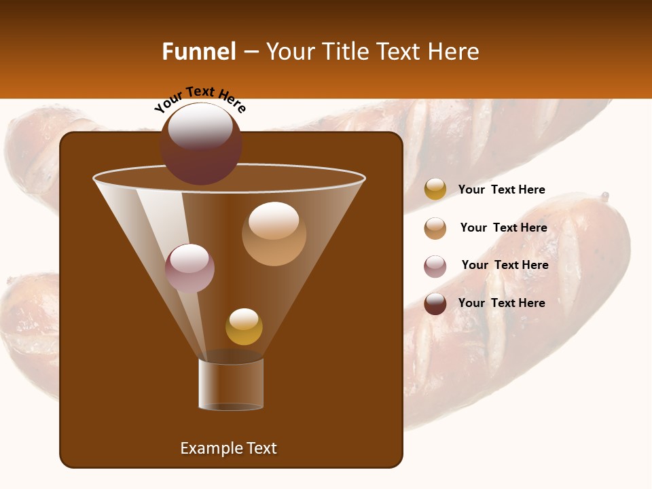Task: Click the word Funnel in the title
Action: (x=198, y=52)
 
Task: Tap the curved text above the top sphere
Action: (x=200, y=99)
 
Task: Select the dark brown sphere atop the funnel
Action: (x=201, y=144)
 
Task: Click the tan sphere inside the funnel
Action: (x=274, y=234)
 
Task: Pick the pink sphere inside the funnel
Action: (x=189, y=268)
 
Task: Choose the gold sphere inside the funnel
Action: (x=244, y=327)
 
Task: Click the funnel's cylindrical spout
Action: (x=231, y=384)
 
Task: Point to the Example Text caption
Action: (x=228, y=448)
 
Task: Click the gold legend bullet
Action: (x=435, y=189)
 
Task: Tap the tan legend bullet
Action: (x=435, y=228)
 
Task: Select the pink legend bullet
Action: (x=435, y=266)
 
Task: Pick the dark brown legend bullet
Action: (x=435, y=304)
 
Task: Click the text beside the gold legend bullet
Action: (x=501, y=189)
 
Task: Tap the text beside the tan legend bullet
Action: (x=503, y=228)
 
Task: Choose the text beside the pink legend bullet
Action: (x=505, y=265)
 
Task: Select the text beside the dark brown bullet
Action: (x=501, y=303)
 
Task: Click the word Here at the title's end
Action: (x=454, y=52)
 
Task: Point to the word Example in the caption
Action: (x=206, y=448)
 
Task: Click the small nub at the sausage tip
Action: (x=604, y=197)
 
